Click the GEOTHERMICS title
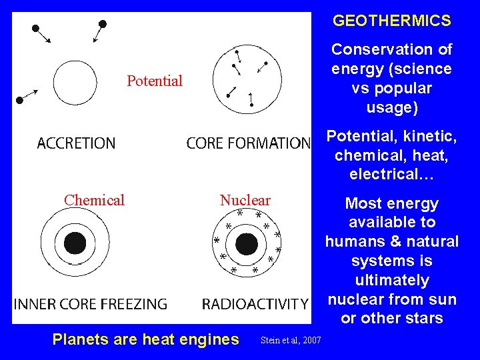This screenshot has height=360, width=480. coord(392,21)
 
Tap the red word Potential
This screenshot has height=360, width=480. coord(155,81)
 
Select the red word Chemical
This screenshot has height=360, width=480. coord(94,200)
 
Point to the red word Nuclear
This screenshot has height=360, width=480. coord(245,200)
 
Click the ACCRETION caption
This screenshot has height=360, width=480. coord(76,143)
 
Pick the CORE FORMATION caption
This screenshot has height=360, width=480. coord(248,143)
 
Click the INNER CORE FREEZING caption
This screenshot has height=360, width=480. coord(90,304)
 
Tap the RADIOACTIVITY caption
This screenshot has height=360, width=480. coord(255,304)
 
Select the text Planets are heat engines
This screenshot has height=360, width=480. coord(145,339)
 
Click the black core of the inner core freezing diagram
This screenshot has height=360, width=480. coord(75,243)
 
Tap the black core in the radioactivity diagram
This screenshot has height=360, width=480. coord(247,243)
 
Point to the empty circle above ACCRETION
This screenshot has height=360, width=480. coord(75,83)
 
